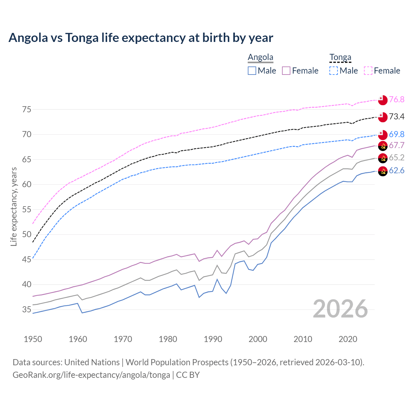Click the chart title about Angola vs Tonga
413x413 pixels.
tap(141, 38)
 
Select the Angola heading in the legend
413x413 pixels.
tap(260, 57)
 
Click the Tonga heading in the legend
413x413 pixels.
tap(340, 57)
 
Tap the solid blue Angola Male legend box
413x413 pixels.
tap(252, 71)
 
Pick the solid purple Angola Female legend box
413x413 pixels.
tap(287, 71)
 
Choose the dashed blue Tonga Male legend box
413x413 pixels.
tap(334, 71)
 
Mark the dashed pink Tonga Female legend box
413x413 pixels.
tap(368, 71)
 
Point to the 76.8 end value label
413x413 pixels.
tap(397, 99)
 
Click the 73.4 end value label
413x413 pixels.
tap(397, 116)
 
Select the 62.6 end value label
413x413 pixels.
tap(397, 170)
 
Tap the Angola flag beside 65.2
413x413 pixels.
tap(383, 158)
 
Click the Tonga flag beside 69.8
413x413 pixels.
tap(383, 135)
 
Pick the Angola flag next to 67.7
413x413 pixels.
tap(383, 146)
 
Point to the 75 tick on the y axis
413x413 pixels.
tap(27, 109)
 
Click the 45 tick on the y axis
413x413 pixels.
tap(27, 259)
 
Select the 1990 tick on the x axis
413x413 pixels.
tap(213, 339)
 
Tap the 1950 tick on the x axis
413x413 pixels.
tap(33, 339)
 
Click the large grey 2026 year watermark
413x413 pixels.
tap(340, 309)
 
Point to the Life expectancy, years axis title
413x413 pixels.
tap(14, 206)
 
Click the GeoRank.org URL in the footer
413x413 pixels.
tap(91, 375)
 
